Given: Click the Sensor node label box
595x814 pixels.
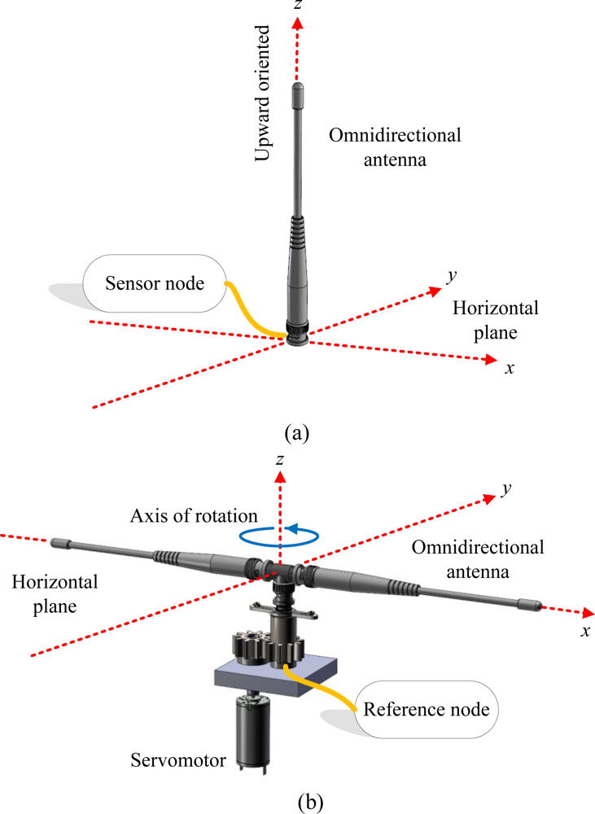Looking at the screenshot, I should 154,283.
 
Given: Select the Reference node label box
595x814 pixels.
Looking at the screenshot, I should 427,708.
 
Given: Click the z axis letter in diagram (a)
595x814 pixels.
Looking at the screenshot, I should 300,7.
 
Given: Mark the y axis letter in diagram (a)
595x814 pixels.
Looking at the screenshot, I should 450,276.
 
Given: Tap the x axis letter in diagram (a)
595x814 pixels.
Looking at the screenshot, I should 510,368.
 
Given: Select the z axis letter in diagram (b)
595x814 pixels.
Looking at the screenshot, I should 279,461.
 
